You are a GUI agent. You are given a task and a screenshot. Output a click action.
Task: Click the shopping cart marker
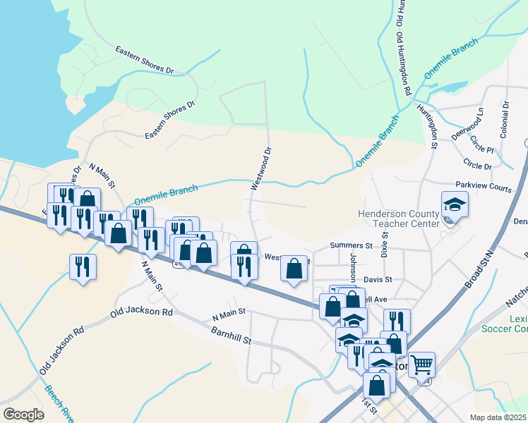click(421, 364)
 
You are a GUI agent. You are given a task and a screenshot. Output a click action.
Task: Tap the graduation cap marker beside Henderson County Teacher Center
click(455, 205)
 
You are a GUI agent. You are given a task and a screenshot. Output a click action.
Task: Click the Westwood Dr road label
click(260, 168)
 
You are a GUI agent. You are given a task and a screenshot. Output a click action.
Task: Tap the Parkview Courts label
click(483, 188)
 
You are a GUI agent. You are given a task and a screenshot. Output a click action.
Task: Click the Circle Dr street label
click(477, 164)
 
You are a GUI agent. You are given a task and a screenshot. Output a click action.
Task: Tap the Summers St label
click(351, 245)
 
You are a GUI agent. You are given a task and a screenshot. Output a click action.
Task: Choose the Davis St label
click(378, 279)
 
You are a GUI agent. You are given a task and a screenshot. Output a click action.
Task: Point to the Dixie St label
click(385, 243)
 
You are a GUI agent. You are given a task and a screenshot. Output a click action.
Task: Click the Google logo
click(24, 415)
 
